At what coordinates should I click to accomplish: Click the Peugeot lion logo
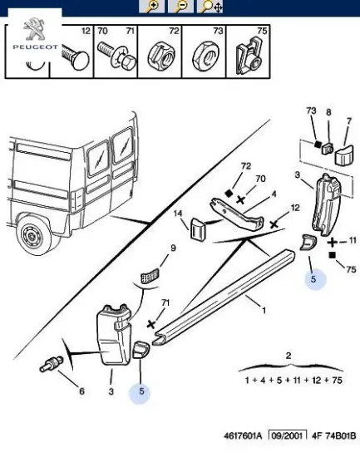tap(34, 29)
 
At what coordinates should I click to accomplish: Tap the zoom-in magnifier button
tap(151, 7)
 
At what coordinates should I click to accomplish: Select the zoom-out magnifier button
tap(180, 7)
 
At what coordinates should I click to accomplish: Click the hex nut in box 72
tap(160, 57)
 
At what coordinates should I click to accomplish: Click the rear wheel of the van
tap(33, 234)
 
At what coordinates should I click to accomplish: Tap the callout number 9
tap(173, 248)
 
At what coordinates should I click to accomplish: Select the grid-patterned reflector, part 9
tap(150, 276)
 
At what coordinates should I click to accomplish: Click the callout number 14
tap(178, 214)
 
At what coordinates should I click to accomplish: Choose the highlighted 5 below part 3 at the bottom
tap(141, 391)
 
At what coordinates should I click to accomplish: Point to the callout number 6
tap(82, 391)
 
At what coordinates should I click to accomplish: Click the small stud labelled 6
tap(51, 364)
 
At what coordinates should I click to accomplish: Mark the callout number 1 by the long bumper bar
tap(264, 310)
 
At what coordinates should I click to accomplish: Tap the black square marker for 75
tap(332, 255)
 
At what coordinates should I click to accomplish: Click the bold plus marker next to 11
tap(333, 242)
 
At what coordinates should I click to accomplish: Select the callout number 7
tap(349, 121)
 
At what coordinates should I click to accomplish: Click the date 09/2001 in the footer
tap(288, 435)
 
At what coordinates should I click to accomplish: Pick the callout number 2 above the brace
tap(288, 356)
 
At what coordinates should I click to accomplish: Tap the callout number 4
tap(274, 194)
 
